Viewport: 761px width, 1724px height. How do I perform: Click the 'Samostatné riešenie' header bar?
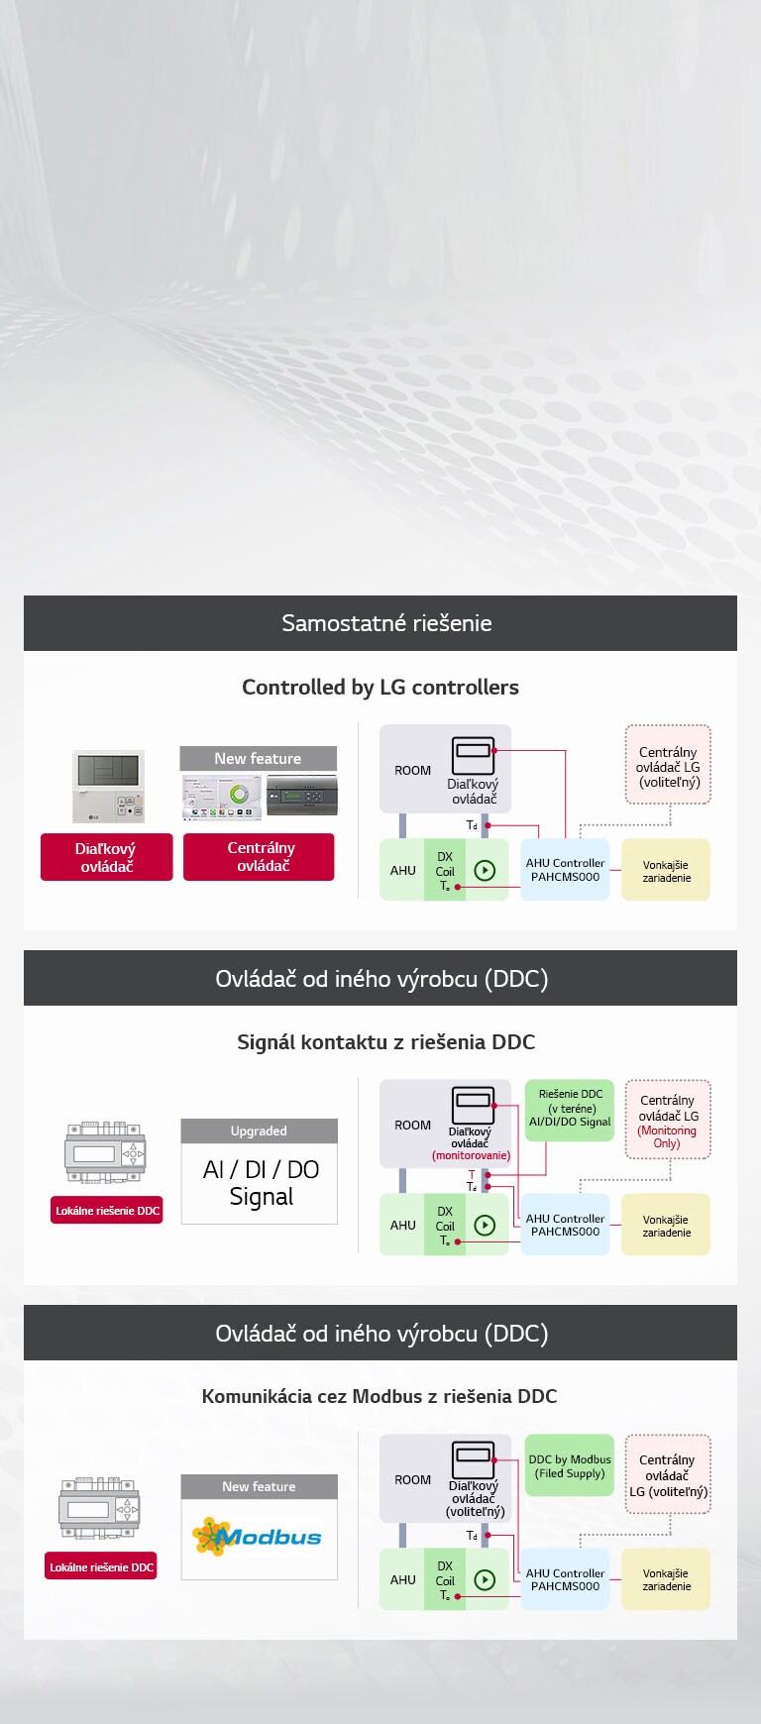[380, 623]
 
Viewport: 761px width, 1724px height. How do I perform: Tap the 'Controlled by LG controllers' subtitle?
[380, 687]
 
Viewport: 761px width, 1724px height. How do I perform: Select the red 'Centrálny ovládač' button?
[260, 857]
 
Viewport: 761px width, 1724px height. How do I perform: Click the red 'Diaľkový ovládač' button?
[106, 857]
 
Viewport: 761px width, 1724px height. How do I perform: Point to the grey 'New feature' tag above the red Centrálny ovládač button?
[258, 758]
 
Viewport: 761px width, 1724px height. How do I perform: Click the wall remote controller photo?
[108, 787]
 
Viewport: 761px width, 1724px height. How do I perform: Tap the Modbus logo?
[259, 1537]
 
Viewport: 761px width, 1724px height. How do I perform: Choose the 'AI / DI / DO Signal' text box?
[260, 1183]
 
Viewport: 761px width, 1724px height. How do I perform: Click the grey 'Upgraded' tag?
[259, 1131]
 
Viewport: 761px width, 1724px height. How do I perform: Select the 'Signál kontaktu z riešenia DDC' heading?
[385, 1041]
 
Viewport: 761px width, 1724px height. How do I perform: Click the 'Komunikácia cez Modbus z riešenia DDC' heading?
[380, 1396]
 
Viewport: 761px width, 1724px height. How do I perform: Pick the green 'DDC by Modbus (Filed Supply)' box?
[570, 1466]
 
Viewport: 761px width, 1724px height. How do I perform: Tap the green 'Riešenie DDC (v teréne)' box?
[570, 1109]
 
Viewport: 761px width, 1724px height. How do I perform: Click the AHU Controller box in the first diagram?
[565, 870]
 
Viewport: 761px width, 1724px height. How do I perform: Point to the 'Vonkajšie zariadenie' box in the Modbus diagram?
[666, 1579]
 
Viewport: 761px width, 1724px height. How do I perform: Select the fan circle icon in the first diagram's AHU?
[485, 871]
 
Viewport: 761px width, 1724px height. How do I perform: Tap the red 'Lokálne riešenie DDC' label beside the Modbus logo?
[101, 1566]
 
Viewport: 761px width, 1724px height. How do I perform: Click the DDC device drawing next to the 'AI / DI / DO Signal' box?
[105, 1153]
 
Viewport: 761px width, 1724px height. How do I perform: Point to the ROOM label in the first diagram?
[412, 770]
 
